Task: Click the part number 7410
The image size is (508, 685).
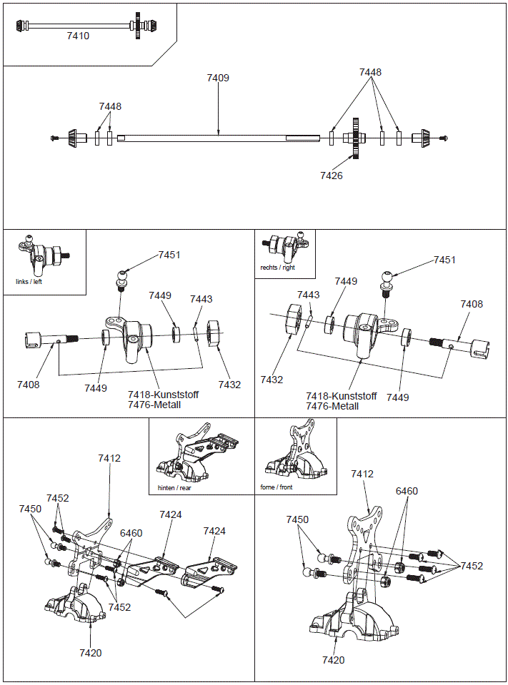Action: coord(78,36)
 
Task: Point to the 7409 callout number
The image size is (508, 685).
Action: coord(218,78)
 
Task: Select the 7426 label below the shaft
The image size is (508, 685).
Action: coord(332,176)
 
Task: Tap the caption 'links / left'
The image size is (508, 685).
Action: coord(29,281)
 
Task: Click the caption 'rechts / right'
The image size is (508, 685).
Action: coord(277,268)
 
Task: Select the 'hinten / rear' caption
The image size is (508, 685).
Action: coord(174,488)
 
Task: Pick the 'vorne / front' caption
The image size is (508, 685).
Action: coord(277,488)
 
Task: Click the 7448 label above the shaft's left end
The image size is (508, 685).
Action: coord(110,106)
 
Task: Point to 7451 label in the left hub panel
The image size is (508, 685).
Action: coord(169,255)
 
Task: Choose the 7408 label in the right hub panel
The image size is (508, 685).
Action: coord(471,304)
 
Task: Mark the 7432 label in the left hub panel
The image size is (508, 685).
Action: coord(229,385)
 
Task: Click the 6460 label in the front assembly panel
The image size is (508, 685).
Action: coord(407,491)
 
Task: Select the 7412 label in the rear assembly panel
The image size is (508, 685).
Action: coord(109,459)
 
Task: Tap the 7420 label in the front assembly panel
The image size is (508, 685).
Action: coord(333,660)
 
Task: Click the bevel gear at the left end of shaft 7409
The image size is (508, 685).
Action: coord(72,138)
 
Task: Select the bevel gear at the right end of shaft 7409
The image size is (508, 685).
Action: coord(424,138)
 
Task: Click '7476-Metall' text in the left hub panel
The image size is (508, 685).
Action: coord(154,405)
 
